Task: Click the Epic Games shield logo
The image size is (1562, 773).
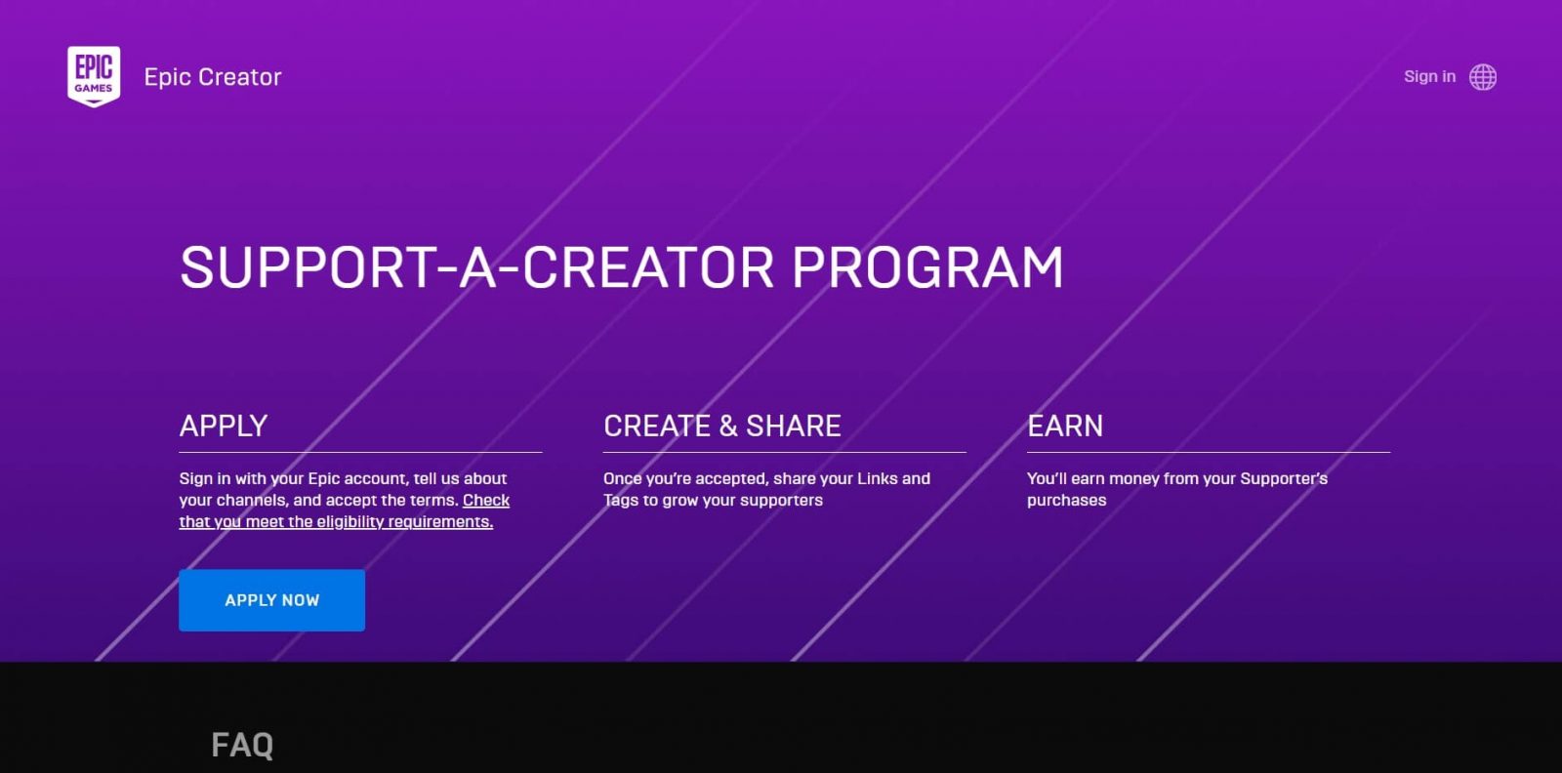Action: coord(94,77)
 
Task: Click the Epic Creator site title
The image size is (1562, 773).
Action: coord(213,77)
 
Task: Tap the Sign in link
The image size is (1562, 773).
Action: coord(1429,77)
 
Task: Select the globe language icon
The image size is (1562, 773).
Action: coord(1483,77)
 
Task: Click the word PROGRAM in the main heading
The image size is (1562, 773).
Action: coord(927,267)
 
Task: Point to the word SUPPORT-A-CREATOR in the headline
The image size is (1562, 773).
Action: coord(477,267)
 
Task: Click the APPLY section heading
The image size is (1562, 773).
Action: coord(224,426)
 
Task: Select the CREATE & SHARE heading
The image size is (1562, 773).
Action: coord(721,426)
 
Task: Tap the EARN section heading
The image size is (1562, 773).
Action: coord(1065,426)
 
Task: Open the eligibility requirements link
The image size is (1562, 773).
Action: coord(345,510)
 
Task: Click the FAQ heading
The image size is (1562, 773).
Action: coord(242,745)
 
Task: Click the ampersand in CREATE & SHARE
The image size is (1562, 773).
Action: coord(728,426)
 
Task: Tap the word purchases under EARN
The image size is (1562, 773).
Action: coord(1066,501)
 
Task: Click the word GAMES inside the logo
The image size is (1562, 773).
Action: coord(94,89)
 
